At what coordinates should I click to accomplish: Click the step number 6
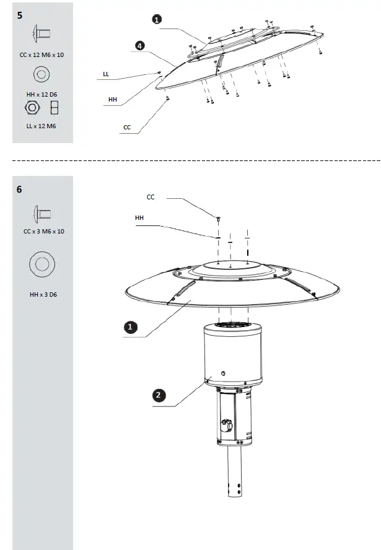tap(20, 190)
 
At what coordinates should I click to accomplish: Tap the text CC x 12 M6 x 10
tap(42, 55)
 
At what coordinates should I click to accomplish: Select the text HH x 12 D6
tap(42, 94)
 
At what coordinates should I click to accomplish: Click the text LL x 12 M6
tap(42, 126)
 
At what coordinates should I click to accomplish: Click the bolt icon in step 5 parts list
tap(42, 33)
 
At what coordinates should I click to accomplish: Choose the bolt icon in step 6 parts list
tap(42, 214)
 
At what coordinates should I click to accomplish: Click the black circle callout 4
tap(141, 45)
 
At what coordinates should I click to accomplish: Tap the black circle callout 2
tap(159, 395)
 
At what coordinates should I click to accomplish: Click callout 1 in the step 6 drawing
tap(131, 326)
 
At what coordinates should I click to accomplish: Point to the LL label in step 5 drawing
tap(106, 74)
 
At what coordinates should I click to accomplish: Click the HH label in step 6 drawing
tap(139, 218)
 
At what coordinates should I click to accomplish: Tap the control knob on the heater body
tap(227, 426)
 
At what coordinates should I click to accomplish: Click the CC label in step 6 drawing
tap(151, 198)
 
